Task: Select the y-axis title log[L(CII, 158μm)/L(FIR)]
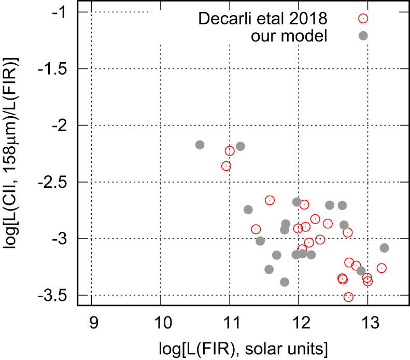[15, 156]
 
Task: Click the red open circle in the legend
[363, 18]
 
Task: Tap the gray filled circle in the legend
[363, 35]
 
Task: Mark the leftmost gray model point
[200, 145]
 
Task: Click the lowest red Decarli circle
[348, 297]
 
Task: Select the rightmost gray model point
[384, 248]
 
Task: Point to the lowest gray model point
[285, 282]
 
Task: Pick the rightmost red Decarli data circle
[381, 268]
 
